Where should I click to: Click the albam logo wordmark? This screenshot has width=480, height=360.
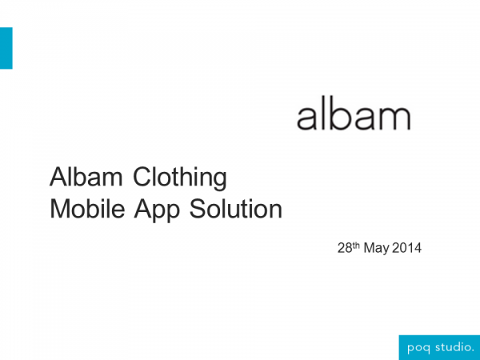(x=354, y=113)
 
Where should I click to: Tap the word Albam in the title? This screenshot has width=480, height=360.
(x=86, y=177)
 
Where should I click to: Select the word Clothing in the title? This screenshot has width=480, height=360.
(x=180, y=178)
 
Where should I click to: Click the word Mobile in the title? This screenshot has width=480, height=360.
(x=87, y=209)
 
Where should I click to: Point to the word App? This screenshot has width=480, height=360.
(x=157, y=210)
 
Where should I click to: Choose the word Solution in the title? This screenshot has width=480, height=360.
(x=236, y=209)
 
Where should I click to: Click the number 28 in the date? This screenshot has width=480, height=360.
(x=345, y=248)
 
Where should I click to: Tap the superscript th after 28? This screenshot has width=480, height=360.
(x=356, y=245)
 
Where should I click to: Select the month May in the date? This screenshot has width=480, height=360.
(x=376, y=249)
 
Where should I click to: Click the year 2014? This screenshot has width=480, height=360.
(x=406, y=248)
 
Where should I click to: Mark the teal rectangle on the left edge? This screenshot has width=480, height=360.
(x=6, y=48)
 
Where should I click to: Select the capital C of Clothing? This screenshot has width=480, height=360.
(x=142, y=177)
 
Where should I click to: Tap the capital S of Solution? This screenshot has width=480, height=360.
(x=198, y=209)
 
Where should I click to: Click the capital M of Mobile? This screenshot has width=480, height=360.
(x=60, y=209)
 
